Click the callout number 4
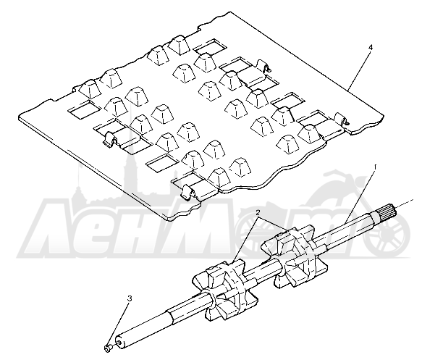point(371,48)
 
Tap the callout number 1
point(375,167)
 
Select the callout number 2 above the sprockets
point(258,213)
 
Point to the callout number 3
point(130,298)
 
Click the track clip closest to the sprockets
point(189,192)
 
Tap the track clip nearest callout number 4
point(342,120)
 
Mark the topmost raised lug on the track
point(179,44)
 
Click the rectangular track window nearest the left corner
point(84,110)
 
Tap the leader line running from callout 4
point(359,70)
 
